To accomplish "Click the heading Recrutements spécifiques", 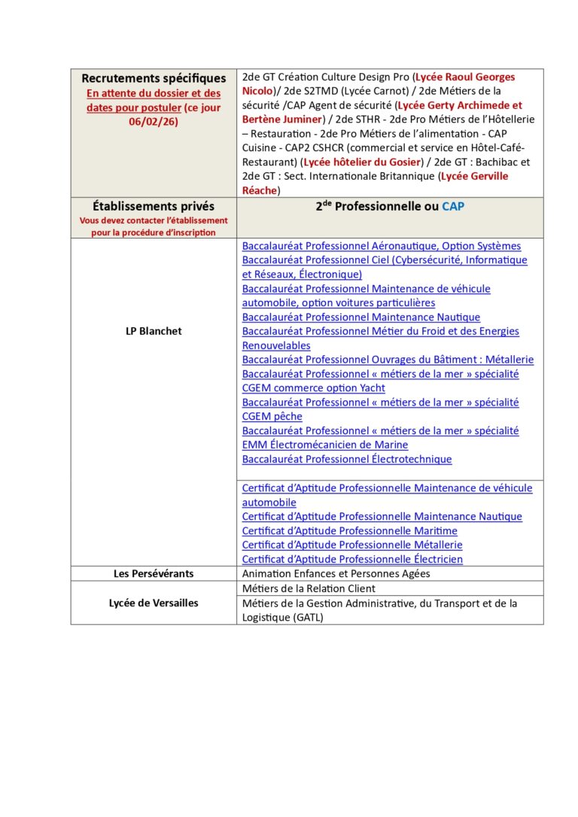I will point(154,78).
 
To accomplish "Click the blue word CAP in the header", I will point(453,206).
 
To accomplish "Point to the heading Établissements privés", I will point(154,206).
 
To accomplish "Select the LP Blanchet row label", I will point(154,331).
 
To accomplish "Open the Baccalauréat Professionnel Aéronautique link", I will point(381,246).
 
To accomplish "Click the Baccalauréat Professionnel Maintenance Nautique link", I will point(360,317).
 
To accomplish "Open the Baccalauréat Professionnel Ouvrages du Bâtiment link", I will point(388,360).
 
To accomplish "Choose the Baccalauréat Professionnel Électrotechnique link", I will point(346,459).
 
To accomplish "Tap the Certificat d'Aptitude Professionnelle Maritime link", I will point(349,530).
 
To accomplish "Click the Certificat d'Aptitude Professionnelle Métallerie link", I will point(351,545).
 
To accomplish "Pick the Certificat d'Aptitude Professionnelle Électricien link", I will point(352,559).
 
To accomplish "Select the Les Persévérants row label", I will point(154,573).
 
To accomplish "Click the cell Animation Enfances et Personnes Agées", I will point(336,573).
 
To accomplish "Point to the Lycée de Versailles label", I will point(154,603).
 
